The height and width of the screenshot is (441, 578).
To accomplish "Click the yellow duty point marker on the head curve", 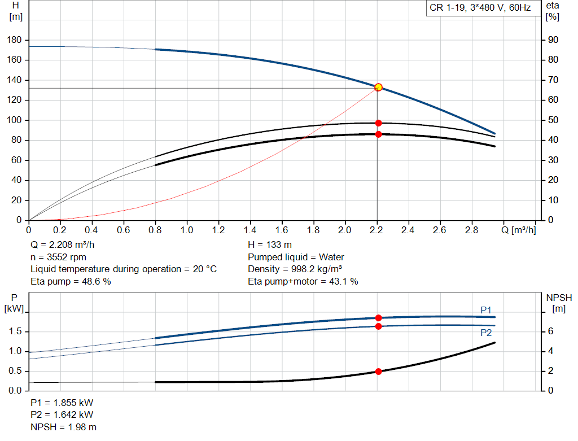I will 378,87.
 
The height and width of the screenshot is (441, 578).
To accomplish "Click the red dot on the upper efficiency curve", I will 378,123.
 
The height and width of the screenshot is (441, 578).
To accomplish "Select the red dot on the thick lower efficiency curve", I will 378,134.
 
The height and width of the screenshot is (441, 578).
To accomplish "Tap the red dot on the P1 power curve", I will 378,318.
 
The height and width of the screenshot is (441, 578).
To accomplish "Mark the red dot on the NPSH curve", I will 378,372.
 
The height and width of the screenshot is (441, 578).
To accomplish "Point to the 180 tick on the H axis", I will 15,40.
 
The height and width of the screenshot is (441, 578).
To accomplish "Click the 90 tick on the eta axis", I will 553,40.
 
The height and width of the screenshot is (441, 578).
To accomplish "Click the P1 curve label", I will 486,309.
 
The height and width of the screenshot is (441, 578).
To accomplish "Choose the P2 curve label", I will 486,333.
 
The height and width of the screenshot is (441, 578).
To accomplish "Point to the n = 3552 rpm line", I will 58,257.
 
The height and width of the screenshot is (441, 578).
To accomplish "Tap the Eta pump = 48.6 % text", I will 70,281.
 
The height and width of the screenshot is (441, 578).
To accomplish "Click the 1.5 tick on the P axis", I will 15,332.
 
